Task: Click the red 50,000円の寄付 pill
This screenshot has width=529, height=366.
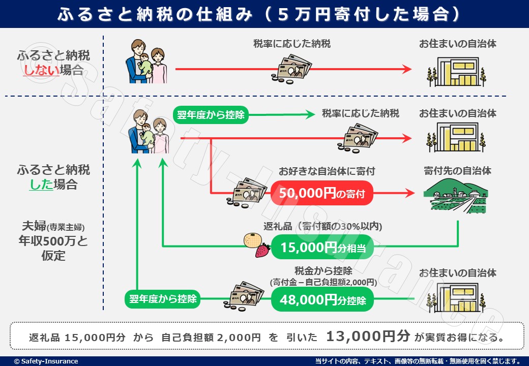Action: coord(321,193)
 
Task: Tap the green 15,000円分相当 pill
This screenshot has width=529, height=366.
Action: coord(321,248)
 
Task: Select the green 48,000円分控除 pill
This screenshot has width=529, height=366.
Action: coord(321,300)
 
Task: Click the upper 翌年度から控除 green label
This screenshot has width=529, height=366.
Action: coord(211,115)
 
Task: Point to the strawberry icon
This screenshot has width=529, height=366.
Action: coord(262,250)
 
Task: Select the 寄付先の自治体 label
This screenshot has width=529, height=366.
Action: coord(457,171)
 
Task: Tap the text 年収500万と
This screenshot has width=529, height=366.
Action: coord(54,240)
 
